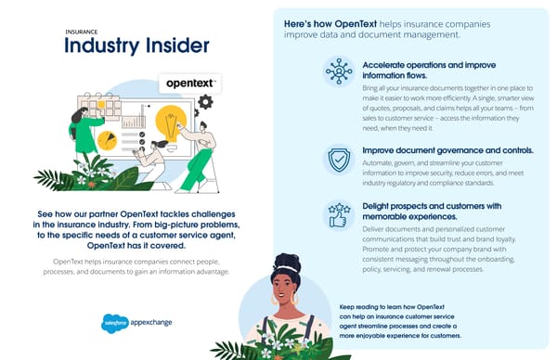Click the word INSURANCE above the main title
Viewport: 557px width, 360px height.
[x=80, y=30]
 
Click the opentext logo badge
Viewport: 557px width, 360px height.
[x=188, y=84]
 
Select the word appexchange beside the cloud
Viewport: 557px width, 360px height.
[x=150, y=322]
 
